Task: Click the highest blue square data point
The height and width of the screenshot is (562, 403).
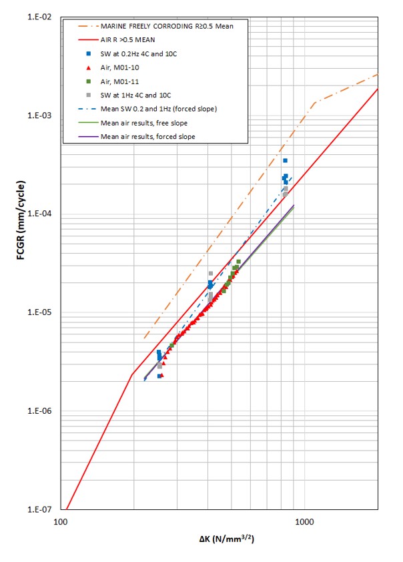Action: click(x=285, y=161)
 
